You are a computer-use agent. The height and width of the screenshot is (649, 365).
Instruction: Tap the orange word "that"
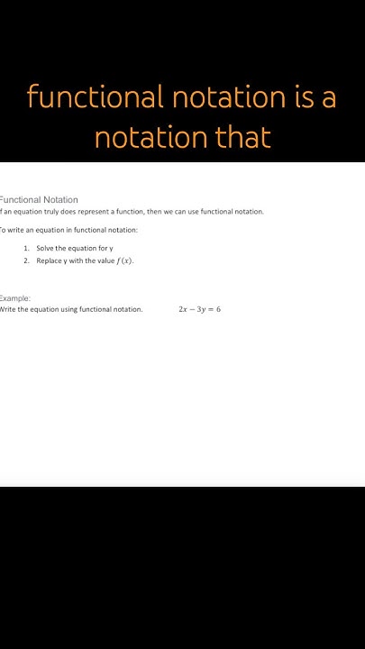coord(242,137)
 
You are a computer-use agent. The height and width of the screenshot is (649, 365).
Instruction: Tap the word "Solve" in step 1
coord(46,248)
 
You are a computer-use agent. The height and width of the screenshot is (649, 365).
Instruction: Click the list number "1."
coord(27,248)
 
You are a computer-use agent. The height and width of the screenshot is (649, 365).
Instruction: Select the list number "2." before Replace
coord(27,261)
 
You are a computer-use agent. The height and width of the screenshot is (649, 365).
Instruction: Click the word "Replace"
coord(50,261)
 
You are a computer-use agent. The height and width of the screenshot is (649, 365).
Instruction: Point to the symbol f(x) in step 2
coord(124,261)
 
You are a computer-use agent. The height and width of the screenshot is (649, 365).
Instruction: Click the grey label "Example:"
coord(15,297)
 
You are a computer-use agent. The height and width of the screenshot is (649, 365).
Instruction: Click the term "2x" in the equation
coord(183,309)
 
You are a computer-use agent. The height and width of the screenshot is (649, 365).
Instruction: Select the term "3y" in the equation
coord(201,309)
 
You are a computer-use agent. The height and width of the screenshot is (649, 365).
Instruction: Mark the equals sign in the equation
coord(210,309)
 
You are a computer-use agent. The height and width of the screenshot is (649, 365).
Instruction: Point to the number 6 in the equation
coord(218,309)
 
